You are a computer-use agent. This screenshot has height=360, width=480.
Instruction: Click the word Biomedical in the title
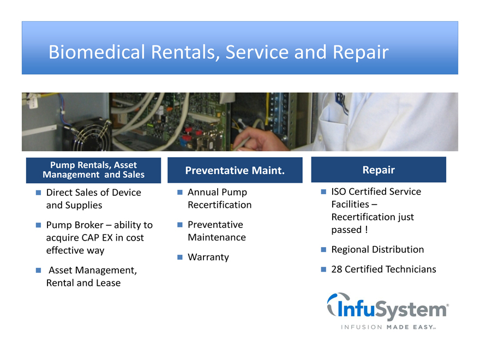point(97,52)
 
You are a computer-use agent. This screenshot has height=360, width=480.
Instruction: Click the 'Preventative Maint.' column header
point(235,170)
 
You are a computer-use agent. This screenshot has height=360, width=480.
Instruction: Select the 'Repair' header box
point(379,170)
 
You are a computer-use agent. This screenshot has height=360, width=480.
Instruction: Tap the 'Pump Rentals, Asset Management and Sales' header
point(93,170)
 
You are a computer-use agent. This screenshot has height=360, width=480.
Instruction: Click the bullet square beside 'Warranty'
point(180,257)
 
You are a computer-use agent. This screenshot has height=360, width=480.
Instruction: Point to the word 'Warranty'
point(208,257)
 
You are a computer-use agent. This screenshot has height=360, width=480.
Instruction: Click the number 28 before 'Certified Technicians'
point(337,269)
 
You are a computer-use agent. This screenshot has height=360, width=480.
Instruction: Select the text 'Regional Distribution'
point(377,249)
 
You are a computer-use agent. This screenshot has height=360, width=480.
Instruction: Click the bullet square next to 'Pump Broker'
point(38,225)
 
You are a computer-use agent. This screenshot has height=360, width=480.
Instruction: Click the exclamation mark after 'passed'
point(366,229)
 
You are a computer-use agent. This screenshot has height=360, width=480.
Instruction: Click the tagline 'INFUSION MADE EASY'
point(388,327)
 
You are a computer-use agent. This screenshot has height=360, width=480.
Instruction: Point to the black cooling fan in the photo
point(88,135)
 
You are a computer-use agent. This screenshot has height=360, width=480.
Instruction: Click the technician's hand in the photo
point(260,139)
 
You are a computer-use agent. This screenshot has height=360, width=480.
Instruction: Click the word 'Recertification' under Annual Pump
point(219,205)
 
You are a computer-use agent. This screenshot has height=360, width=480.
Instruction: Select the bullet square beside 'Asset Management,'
point(38,271)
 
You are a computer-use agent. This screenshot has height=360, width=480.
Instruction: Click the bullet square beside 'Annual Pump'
point(180,192)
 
